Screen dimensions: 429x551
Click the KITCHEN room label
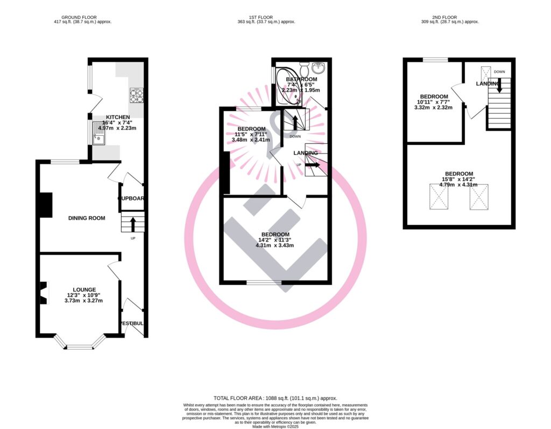point(117,117)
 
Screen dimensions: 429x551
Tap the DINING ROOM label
point(86,218)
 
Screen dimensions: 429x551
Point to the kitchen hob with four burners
point(136,96)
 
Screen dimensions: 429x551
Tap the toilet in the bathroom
point(303,68)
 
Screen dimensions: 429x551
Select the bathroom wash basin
point(319,68)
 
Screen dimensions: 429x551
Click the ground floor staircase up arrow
point(132,223)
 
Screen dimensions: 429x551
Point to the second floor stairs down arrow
point(499,86)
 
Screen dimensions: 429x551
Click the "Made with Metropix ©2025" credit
point(275,425)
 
